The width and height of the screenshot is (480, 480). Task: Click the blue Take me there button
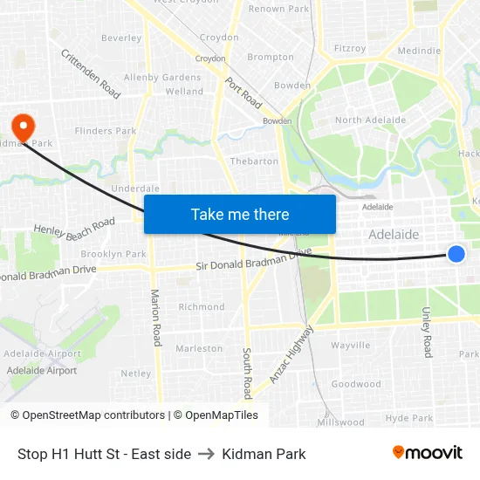[240, 214]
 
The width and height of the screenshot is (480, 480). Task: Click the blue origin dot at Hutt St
[456, 254]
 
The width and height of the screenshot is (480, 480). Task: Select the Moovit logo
[427, 452]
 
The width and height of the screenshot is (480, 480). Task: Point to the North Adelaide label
[370, 120]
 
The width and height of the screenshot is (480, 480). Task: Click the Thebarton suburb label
[254, 161]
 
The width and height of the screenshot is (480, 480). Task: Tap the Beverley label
[121, 38]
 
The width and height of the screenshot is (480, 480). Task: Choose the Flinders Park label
[106, 131]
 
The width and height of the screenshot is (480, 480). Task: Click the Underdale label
[135, 188]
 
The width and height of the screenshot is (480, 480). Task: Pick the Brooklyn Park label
[113, 254]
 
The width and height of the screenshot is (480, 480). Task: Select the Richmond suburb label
[202, 307]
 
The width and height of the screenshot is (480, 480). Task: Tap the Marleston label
[199, 348]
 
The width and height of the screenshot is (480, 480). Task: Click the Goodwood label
[356, 384]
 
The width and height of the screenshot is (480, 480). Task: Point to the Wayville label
[351, 346]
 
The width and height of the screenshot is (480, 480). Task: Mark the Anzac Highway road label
[291, 354]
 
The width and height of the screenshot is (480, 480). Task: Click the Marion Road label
[156, 318]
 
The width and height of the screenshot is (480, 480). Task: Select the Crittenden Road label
[91, 72]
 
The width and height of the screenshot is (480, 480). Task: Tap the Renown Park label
[279, 9]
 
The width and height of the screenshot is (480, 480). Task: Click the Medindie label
[419, 51]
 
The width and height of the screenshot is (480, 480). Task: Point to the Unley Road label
[427, 332]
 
